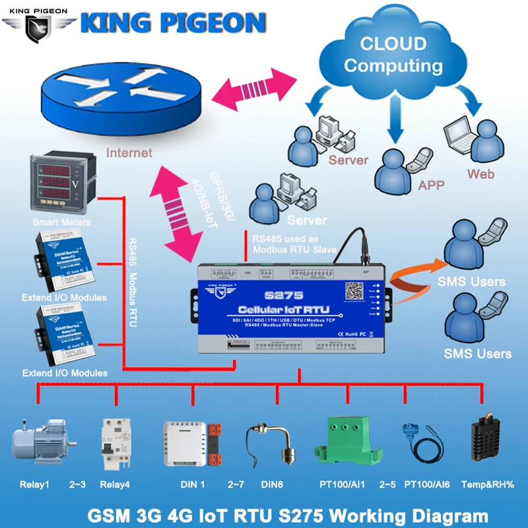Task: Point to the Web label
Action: click(480, 174)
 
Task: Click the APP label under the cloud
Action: click(431, 185)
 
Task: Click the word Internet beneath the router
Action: click(129, 153)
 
